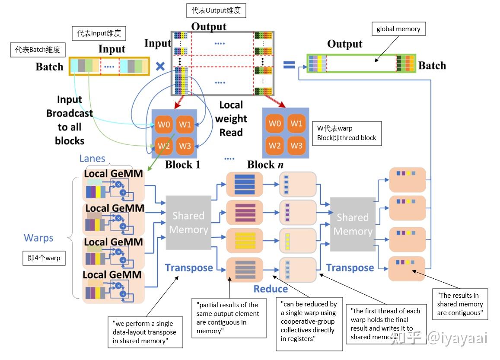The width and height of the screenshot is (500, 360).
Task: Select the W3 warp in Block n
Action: tap(296, 145)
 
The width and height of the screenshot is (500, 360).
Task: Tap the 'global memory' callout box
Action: tap(398, 29)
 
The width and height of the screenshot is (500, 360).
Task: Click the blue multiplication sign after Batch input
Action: tap(160, 66)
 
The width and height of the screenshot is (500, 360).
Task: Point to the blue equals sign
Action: tap(289, 64)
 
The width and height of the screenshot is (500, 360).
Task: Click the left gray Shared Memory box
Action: tap(188, 223)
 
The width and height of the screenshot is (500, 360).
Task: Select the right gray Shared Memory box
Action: tap(353, 224)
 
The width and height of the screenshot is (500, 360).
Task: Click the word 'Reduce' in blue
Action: tap(271, 289)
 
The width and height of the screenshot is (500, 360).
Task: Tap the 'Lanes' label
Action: tap(92, 158)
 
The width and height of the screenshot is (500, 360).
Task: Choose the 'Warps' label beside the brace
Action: tap(38, 238)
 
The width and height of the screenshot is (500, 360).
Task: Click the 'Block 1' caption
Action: tap(182, 165)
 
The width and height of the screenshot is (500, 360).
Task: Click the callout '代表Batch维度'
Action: tap(38, 50)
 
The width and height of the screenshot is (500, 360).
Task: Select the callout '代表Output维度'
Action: tap(216, 11)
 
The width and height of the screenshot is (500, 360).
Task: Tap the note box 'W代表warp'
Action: tap(347, 133)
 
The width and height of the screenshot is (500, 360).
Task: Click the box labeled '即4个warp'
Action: tap(44, 258)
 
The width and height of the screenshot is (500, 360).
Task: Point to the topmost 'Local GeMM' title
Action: tap(114, 174)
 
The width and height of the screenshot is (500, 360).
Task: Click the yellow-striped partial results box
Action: tap(245, 245)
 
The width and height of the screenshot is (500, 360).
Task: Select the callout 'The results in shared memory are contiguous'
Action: tap(460, 304)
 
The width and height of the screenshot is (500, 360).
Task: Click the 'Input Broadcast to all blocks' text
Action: tap(70, 120)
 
